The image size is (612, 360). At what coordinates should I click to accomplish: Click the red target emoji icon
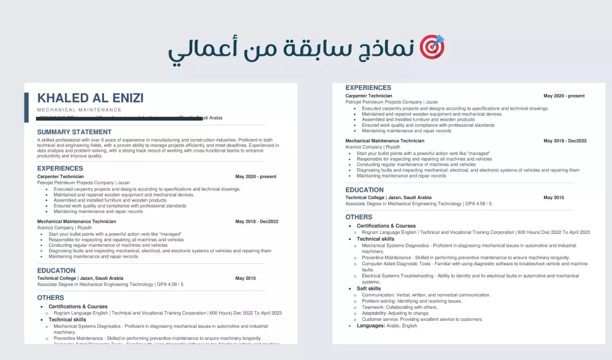[432, 47]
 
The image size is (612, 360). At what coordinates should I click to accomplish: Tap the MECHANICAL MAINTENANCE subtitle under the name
[80, 110]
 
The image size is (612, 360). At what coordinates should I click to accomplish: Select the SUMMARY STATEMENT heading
[74, 132]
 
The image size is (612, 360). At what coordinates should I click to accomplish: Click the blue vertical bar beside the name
[26, 108]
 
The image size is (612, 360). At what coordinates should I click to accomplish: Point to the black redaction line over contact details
[110, 116]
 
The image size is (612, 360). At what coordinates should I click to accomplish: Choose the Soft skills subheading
[368, 288]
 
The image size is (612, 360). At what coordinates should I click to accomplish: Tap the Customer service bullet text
[422, 319]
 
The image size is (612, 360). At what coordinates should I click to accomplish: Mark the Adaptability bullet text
[395, 313]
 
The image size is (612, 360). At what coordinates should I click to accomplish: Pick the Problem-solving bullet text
[412, 301]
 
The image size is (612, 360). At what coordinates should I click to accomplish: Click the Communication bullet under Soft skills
[426, 294]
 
